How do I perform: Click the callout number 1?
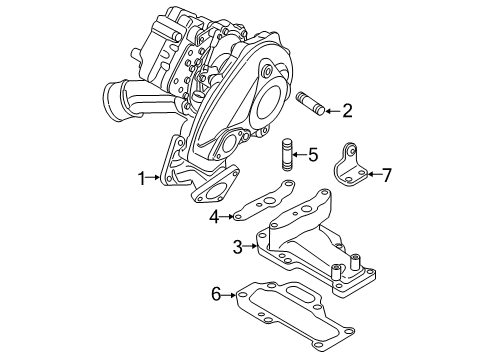point(142,178)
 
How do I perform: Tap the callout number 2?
point(347,111)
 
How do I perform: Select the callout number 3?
point(238,247)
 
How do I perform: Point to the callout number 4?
point(215,217)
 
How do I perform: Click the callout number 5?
point(313,155)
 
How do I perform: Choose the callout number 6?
point(216,295)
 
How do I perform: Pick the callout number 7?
point(386,175)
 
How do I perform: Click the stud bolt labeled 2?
point(310,104)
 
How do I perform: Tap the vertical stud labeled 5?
point(287,155)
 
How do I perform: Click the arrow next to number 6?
point(230,295)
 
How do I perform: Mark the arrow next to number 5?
point(299,154)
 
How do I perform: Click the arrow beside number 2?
point(332,111)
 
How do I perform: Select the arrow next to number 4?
point(227,217)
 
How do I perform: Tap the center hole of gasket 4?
point(268,201)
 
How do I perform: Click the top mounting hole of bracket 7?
point(351,150)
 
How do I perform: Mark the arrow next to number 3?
point(250,247)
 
